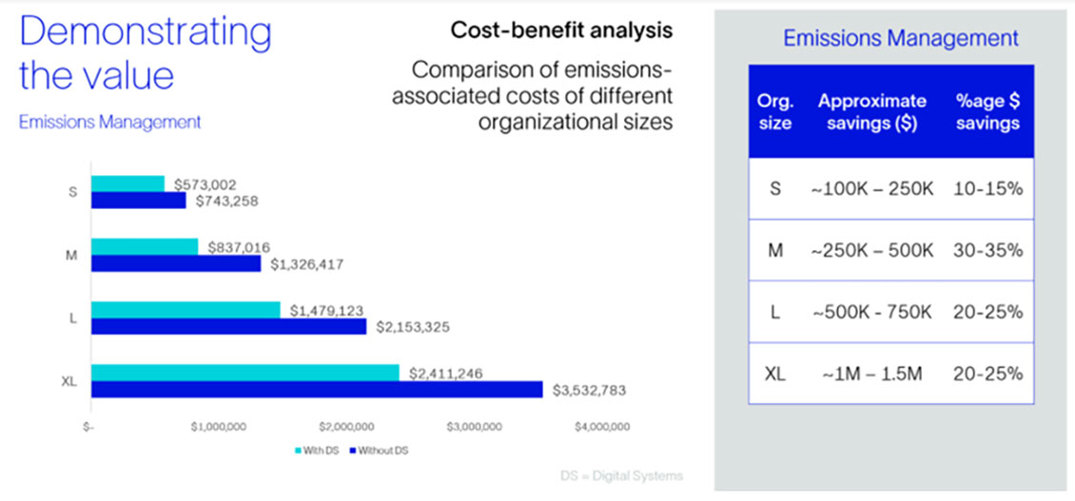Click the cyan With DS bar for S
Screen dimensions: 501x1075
tap(127, 183)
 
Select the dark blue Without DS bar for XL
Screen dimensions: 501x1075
tap(316, 390)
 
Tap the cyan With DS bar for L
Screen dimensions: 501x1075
tap(186, 310)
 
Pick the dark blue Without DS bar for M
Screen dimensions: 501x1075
tap(175, 263)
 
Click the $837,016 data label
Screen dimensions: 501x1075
tap(231, 247)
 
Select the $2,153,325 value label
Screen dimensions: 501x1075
tap(411, 327)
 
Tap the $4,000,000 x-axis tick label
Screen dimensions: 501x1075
tap(602, 427)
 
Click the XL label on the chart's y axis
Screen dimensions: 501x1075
tap(68, 381)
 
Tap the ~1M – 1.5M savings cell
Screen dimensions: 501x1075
tap(871, 374)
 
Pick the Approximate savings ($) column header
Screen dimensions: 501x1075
tap(871, 112)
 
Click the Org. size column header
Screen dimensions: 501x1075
tap(775, 112)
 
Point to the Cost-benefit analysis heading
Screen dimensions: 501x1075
tap(561, 30)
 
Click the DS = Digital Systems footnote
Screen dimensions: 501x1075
tap(619, 475)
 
